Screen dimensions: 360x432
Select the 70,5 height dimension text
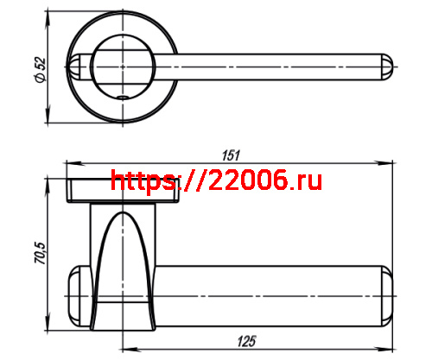(39, 254)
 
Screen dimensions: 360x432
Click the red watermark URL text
(217, 180)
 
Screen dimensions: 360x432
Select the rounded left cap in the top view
(77, 65)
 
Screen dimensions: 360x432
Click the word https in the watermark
(138, 180)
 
